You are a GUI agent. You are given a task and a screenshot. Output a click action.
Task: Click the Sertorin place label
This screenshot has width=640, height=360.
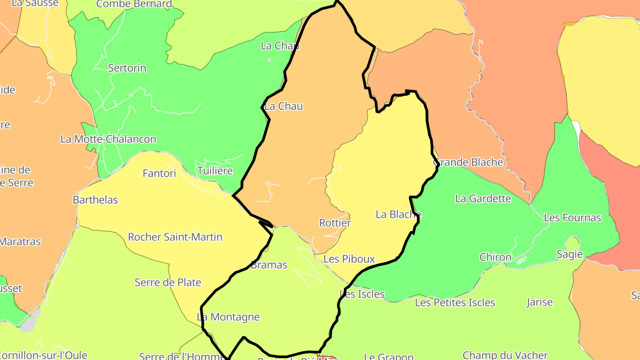[127, 68]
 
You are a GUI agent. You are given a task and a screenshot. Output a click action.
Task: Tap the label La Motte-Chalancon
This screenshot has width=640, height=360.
[108, 139]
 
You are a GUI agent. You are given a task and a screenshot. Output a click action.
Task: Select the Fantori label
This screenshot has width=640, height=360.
[159, 173]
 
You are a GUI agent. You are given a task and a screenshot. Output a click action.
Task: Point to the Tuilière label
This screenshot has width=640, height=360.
[215, 171]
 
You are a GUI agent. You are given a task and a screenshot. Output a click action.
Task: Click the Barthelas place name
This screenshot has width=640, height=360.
[96, 200]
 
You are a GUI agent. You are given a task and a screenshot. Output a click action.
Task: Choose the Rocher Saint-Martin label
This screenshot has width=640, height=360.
[175, 237]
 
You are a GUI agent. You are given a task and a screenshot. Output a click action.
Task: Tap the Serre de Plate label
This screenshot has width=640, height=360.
[168, 282]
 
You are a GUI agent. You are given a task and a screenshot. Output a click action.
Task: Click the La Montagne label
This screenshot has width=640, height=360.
[228, 317]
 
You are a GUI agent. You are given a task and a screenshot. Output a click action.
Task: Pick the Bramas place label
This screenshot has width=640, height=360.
[269, 265]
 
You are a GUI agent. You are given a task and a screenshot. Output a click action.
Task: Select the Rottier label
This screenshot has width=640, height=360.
[335, 223]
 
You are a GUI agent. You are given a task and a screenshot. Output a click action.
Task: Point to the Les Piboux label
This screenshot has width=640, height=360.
[349, 259]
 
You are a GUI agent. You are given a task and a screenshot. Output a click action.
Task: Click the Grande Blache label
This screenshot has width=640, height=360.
[468, 162]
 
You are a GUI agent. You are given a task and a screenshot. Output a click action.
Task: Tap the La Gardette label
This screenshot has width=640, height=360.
[483, 198]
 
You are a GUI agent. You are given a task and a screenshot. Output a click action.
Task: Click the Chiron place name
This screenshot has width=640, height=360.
[496, 257]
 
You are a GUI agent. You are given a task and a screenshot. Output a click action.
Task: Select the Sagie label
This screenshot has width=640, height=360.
[569, 254]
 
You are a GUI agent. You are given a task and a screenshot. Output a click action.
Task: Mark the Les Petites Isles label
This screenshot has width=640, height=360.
[455, 303]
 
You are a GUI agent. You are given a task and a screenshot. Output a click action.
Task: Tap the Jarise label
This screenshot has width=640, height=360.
[540, 302]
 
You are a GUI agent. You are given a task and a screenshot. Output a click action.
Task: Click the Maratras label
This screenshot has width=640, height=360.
[20, 242]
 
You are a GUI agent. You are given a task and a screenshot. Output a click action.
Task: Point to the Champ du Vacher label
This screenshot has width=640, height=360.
[505, 355]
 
